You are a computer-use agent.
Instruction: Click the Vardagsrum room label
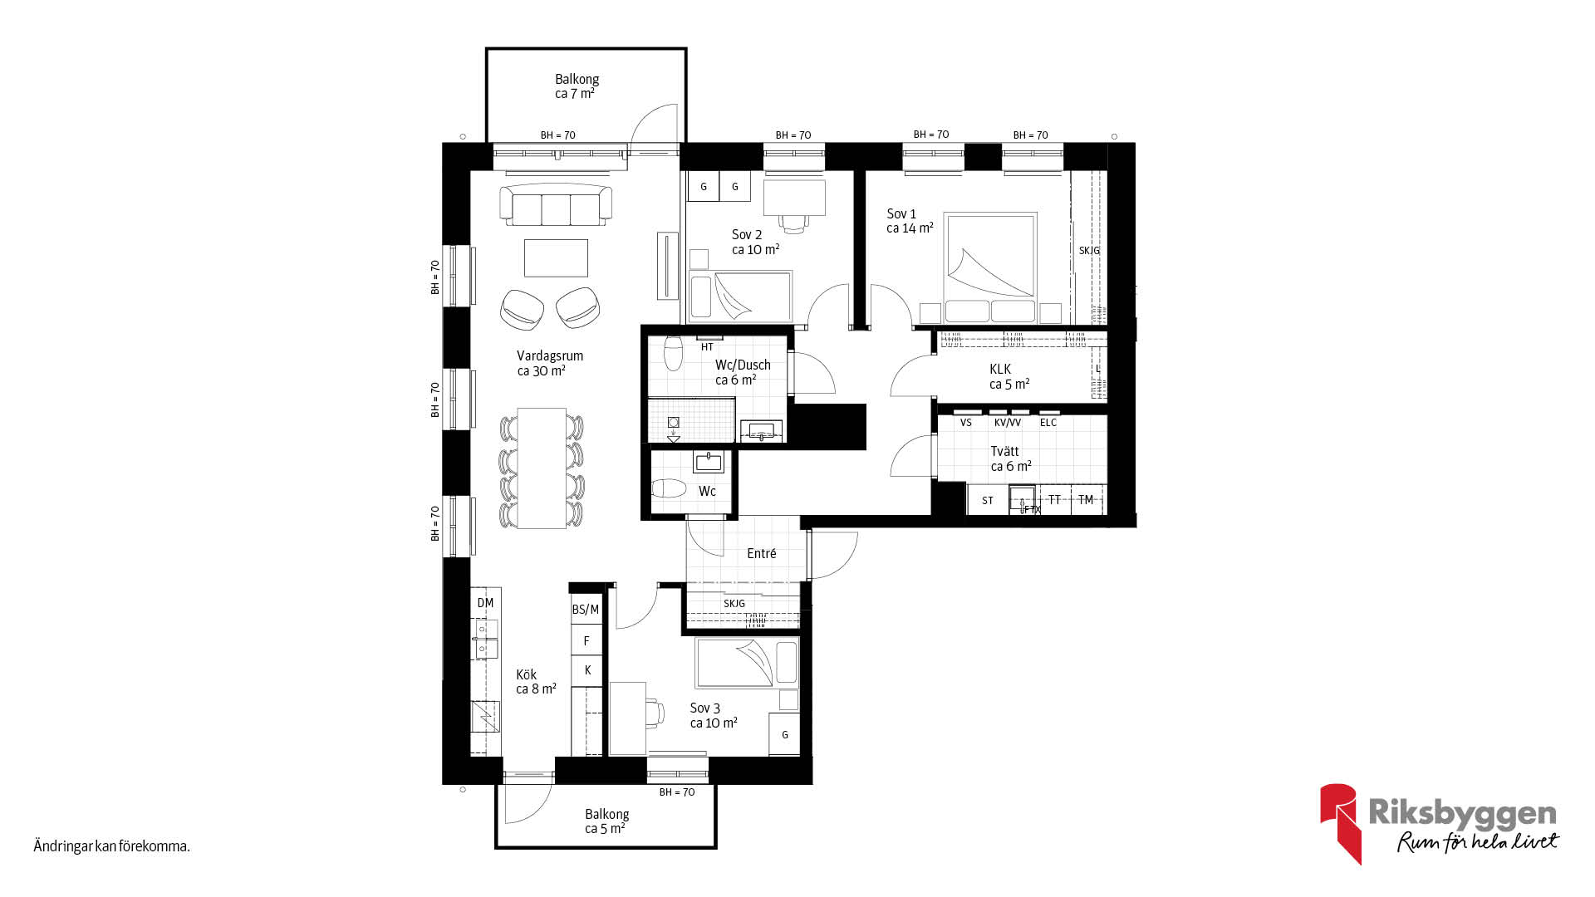click(x=550, y=355)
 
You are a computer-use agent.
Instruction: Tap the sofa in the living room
click(x=556, y=204)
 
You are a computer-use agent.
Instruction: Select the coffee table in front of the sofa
click(x=556, y=257)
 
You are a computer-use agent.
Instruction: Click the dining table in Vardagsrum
click(x=542, y=468)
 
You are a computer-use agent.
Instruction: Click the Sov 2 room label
click(x=747, y=234)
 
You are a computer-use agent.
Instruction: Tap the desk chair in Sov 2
click(x=794, y=222)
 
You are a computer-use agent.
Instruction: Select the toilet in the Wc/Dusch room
click(x=673, y=354)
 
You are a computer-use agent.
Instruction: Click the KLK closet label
click(x=1000, y=369)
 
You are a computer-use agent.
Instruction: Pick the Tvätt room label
click(x=1004, y=451)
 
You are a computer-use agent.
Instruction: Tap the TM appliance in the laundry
click(x=1087, y=499)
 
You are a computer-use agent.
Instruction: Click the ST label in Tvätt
click(x=988, y=501)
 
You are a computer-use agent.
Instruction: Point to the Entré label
click(x=762, y=553)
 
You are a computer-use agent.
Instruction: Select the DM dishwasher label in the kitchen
click(x=486, y=603)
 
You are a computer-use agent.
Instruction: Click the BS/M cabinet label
click(x=586, y=610)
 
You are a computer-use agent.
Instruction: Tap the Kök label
click(x=527, y=674)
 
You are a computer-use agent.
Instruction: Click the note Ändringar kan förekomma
click(x=112, y=846)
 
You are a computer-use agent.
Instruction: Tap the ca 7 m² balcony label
click(x=575, y=94)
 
